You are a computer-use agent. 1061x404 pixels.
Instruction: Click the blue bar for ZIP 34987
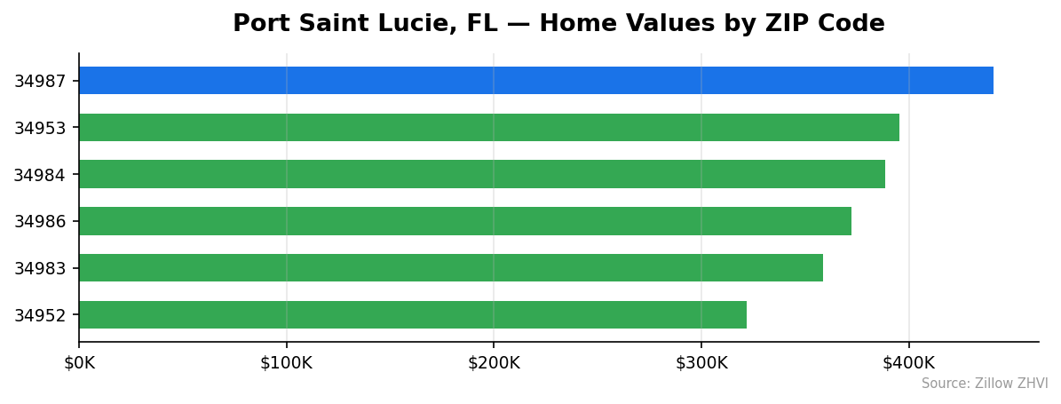tap(535, 81)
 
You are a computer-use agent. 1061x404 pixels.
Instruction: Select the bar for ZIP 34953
tap(488, 128)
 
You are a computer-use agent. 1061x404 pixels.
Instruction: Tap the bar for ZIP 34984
tap(481, 174)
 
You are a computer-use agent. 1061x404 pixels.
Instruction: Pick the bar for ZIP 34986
tap(464, 221)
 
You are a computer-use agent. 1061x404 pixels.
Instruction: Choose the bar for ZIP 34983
tap(450, 268)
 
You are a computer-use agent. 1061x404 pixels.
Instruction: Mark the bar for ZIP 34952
tap(412, 314)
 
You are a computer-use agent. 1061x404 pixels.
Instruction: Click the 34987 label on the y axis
tap(40, 82)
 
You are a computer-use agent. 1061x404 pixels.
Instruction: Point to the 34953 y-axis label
tap(40, 129)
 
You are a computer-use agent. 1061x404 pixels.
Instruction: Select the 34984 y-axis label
tap(40, 175)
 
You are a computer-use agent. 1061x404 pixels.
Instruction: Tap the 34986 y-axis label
tap(40, 222)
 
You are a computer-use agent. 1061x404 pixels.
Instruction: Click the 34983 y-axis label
tap(40, 268)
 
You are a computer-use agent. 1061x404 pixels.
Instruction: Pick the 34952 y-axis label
tap(40, 315)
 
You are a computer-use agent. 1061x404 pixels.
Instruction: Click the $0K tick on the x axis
tap(79, 363)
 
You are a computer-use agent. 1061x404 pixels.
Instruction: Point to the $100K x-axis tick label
tap(286, 363)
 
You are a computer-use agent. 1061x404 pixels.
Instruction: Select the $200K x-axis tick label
tap(494, 363)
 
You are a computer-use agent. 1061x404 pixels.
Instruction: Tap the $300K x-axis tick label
tap(701, 363)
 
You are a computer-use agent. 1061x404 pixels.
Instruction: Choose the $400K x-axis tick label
tap(908, 363)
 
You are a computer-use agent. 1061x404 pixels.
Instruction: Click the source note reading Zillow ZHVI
tap(984, 384)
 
